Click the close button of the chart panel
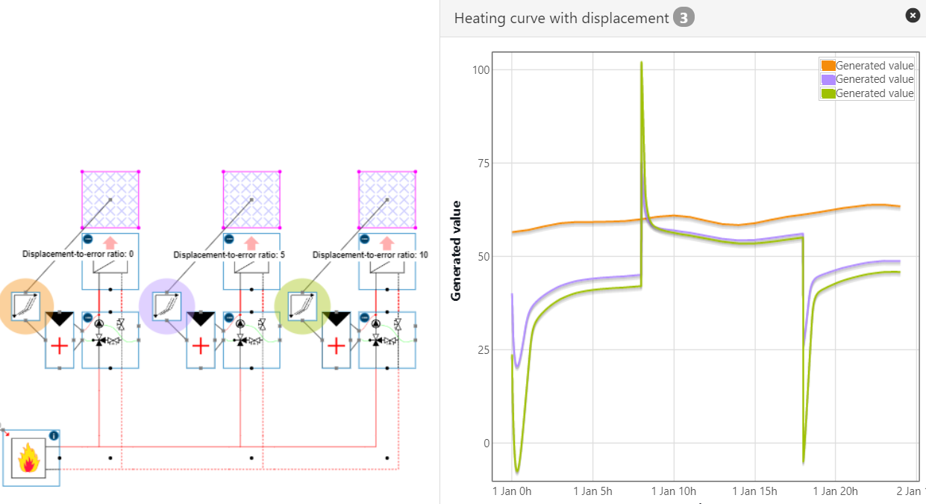912,15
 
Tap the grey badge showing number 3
683,18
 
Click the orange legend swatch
827,66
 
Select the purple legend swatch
827,79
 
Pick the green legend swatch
827,93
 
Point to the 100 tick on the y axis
481,70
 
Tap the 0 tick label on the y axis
487,444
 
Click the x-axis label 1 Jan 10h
674,491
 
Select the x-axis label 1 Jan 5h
593,491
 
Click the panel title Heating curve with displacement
561,18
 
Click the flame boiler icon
28,458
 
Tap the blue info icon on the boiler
54,435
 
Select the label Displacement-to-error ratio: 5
229,255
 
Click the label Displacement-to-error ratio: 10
370,255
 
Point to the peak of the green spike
641,63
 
